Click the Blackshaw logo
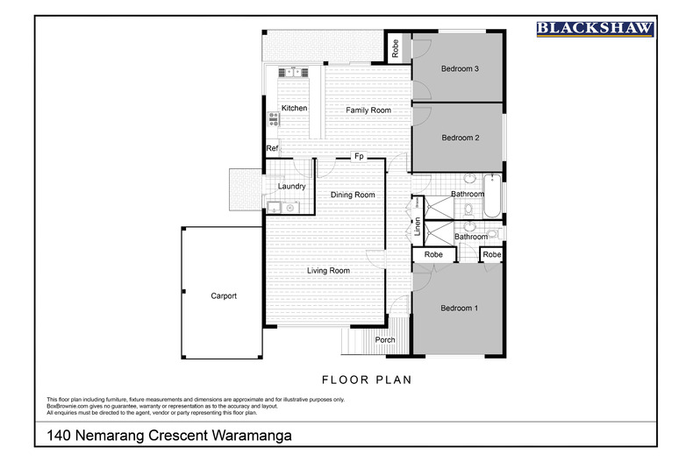click(x=595, y=29)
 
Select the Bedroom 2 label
click(x=459, y=138)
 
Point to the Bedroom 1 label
click(x=459, y=308)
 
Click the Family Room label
click(x=368, y=110)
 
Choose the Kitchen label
click(x=294, y=108)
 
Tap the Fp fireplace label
click(x=359, y=158)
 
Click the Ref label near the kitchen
click(x=272, y=149)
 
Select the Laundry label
click(x=291, y=187)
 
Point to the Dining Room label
click(x=353, y=195)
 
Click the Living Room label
click(x=328, y=271)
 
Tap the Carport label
click(x=224, y=296)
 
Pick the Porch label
click(x=384, y=340)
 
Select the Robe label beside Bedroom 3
click(x=397, y=47)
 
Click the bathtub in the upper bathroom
click(x=493, y=197)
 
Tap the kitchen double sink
click(x=290, y=73)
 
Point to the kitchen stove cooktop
click(x=273, y=119)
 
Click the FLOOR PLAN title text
click(x=367, y=380)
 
